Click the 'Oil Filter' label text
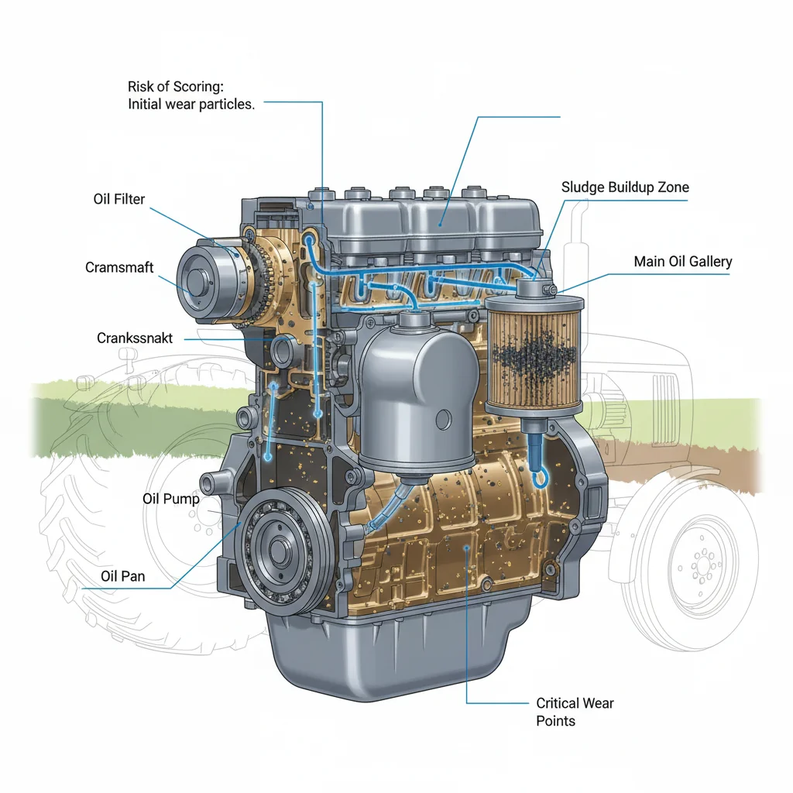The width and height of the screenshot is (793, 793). [x=118, y=199]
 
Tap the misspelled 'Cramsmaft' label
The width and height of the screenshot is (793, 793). [x=119, y=267]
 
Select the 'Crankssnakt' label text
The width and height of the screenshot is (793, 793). [x=135, y=338]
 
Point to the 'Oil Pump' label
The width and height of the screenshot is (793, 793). [x=171, y=499]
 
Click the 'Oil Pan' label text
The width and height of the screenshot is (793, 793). [x=123, y=576]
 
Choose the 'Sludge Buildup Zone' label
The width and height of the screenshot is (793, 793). [x=624, y=187]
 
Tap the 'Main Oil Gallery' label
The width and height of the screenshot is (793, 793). [x=682, y=262]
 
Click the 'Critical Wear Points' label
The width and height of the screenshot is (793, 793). [x=575, y=712]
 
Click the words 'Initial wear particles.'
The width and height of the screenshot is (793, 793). [x=191, y=105]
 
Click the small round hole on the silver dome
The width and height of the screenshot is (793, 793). [x=444, y=420]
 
